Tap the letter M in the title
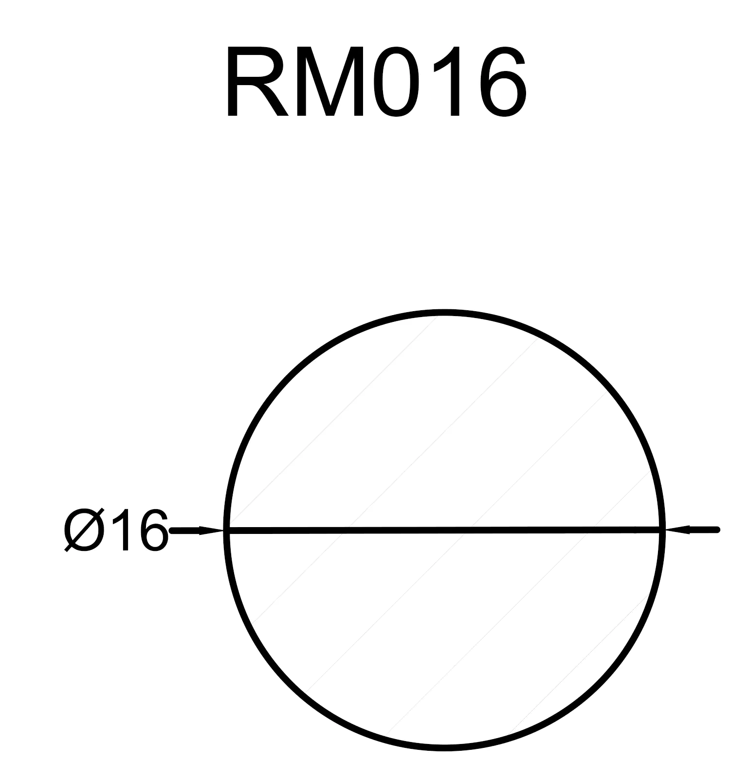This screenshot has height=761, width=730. tap(330, 81)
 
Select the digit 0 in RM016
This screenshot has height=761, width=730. tap(397, 81)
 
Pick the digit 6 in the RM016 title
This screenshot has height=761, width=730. tap(504, 81)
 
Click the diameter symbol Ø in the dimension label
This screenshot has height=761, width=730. tap(84, 530)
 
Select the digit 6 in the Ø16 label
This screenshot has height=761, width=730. tap(155, 530)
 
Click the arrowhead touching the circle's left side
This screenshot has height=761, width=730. tap(212, 530)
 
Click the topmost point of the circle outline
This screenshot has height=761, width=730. tap(444, 312)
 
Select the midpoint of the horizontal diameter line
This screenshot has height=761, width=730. tap(444, 530)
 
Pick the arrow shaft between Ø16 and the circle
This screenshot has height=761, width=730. tap(185, 530)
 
